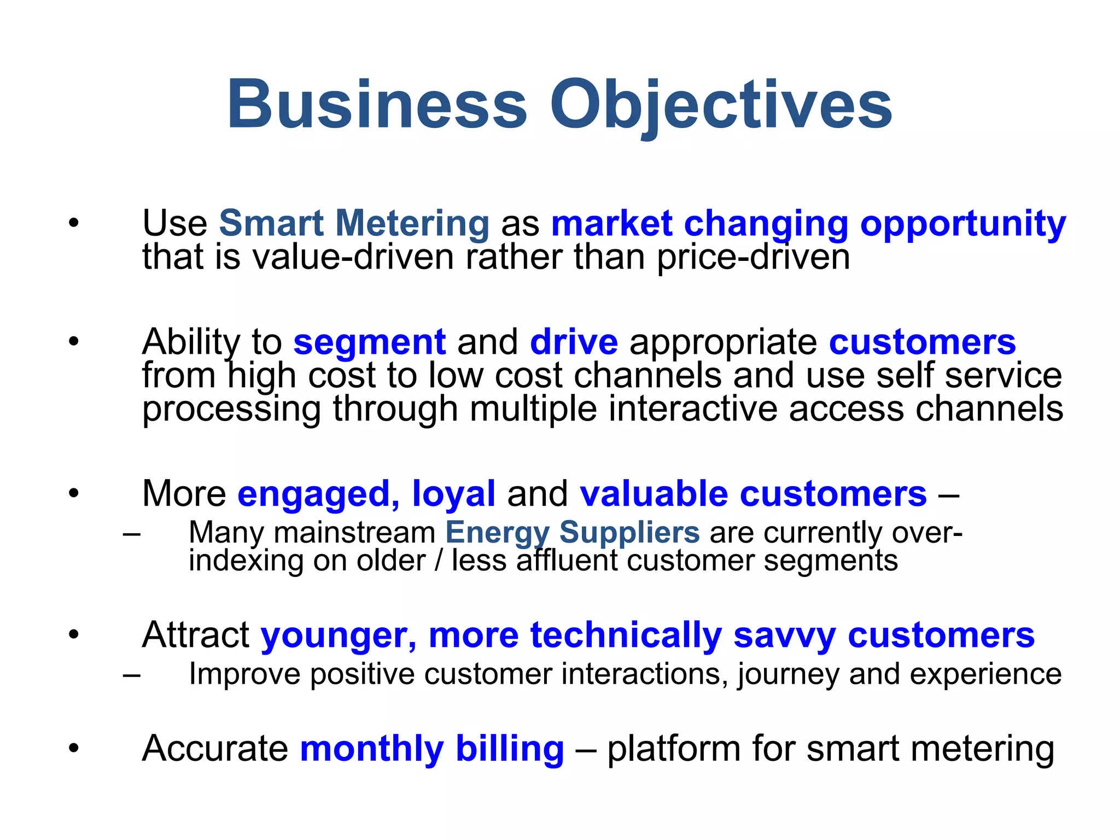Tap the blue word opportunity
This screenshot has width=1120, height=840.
point(962,224)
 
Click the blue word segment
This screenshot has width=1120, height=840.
point(370,342)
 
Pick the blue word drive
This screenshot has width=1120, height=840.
point(574,342)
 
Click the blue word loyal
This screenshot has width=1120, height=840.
point(453,494)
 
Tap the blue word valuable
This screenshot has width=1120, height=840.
point(654,494)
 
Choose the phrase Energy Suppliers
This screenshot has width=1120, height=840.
point(572,532)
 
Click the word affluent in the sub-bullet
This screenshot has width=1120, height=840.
point(566,561)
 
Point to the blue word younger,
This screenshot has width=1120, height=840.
point(339,635)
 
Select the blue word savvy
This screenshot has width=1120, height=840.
point(784,635)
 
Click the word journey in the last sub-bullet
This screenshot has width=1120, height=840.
point(788,674)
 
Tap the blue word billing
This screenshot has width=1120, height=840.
point(509,749)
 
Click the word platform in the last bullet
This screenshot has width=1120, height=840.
point(673,749)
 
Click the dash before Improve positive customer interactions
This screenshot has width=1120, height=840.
point(131,674)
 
